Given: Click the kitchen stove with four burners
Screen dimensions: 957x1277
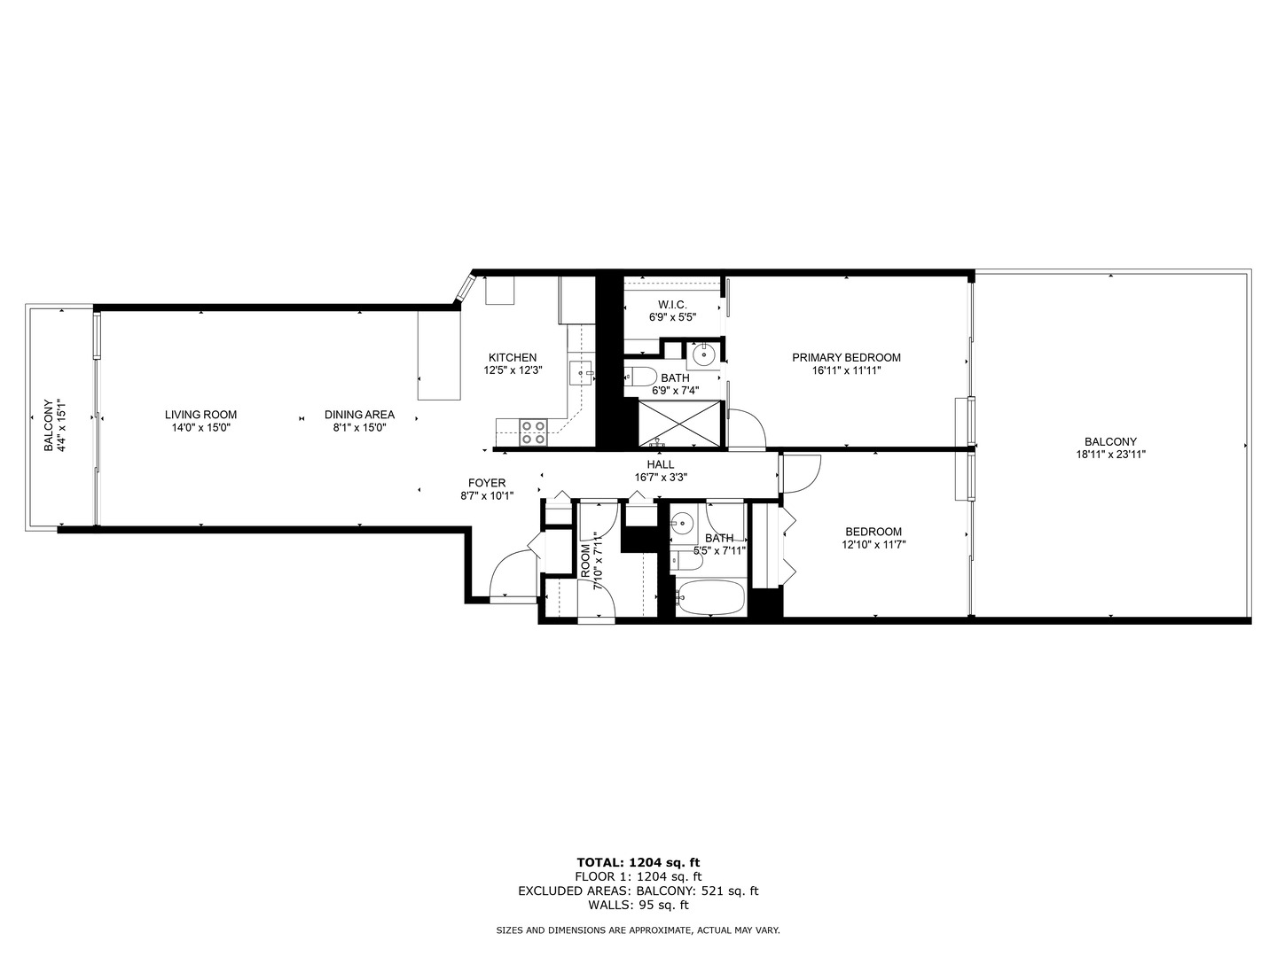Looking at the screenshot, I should (533, 432).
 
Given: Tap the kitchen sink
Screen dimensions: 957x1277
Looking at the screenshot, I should (582, 373).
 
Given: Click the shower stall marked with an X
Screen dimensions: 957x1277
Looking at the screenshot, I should (681, 423).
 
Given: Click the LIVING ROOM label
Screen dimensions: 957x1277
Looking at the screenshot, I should (200, 415).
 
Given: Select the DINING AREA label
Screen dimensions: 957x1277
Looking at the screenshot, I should (359, 415).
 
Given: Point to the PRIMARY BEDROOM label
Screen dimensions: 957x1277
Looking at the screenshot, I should (846, 358).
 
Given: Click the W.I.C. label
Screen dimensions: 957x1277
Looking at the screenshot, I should (672, 305).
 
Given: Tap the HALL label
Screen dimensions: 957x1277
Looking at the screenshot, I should (660, 464).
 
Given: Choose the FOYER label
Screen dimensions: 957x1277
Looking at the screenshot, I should (487, 483).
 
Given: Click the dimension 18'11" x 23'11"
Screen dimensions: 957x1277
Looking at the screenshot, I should (1109, 455).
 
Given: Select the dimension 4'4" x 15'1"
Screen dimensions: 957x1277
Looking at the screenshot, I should (61, 425).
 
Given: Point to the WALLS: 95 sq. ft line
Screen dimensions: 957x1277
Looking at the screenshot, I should (638, 905).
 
